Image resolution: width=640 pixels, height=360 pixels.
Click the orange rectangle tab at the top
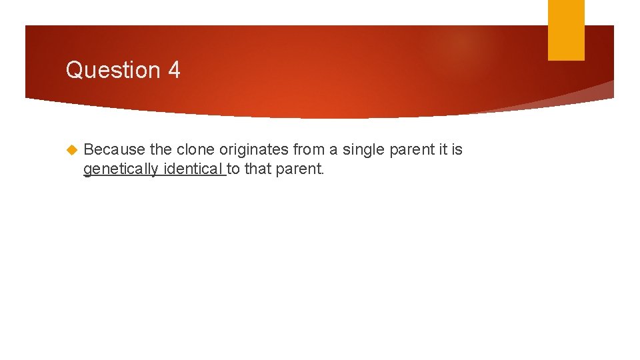566,30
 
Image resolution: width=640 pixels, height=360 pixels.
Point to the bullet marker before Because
72,150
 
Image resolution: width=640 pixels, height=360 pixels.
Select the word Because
114,150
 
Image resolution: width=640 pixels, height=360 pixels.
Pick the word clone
195,150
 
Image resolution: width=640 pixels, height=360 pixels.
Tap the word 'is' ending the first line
457,150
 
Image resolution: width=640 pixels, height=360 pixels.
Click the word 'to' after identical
234,169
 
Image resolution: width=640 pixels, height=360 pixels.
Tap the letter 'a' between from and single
332,150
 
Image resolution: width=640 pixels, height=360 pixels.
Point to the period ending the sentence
322,173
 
